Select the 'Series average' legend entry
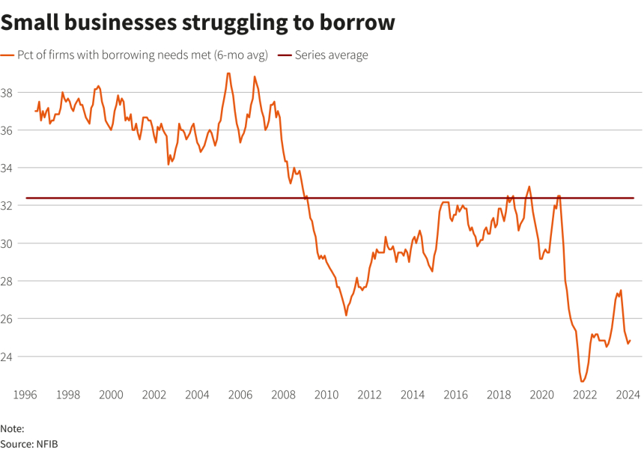click(x=330, y=55)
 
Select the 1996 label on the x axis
click(x=25, y=395)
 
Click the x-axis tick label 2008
click(x=282, y=395)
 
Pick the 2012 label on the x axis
click(x=368, y=395)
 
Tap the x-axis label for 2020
click(x=540, y=395)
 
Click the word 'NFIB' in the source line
click(x=46, y=444)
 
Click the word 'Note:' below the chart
click(x=13, y=429)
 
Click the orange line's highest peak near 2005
click(x=228, y=73)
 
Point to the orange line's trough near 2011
click(x=346, y=315)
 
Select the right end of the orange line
click(x=630, y=340)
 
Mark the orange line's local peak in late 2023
click(x=621, y=291)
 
